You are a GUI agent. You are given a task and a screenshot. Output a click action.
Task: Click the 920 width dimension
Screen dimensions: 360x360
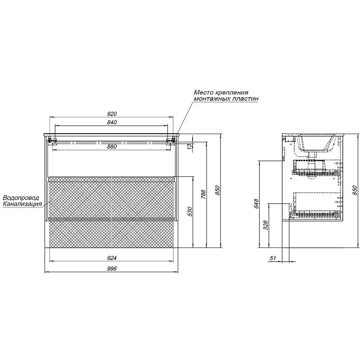(x=112, y=114)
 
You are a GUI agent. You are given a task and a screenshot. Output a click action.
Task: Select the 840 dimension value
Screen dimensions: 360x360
(x=112, y=122)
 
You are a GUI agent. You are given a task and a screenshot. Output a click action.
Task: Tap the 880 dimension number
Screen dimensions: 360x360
(x=112, y=147)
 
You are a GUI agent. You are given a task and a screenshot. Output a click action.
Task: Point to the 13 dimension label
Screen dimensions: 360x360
(x=189, y=147)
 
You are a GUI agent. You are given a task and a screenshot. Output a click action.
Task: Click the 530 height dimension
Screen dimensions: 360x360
(x=189, y=211)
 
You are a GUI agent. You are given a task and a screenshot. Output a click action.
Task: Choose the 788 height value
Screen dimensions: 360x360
(x=203, y=194)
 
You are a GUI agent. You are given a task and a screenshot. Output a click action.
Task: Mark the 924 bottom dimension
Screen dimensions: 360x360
(x=112, y=258)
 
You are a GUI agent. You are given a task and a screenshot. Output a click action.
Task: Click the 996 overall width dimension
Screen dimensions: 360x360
(x=112, y=269)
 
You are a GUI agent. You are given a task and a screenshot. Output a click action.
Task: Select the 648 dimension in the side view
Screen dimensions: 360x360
(x=256, y=204)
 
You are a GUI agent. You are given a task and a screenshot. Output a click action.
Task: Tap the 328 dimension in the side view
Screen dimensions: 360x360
(x=265, y=225)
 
